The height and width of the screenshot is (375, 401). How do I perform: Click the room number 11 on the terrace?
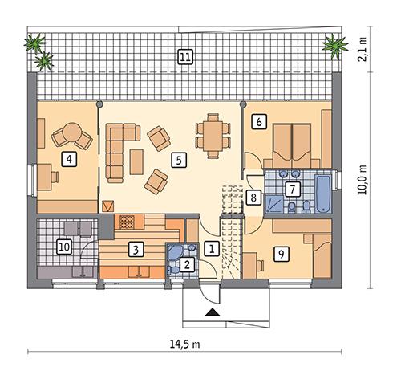(185, 56)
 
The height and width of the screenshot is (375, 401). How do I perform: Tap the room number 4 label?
(71, 159)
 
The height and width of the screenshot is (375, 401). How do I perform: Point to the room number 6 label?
(258, 122)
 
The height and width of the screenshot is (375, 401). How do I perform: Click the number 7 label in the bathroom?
(294, 190)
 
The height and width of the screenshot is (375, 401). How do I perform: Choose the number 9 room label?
(280, 253)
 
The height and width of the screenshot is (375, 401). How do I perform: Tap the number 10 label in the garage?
(63, 247)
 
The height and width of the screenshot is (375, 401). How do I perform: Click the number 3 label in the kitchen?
(137, 248)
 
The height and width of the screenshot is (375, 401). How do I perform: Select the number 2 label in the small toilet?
(187, 263)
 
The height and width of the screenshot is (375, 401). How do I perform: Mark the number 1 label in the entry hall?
(211, 248)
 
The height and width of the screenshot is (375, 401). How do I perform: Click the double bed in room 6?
(290, 143)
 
